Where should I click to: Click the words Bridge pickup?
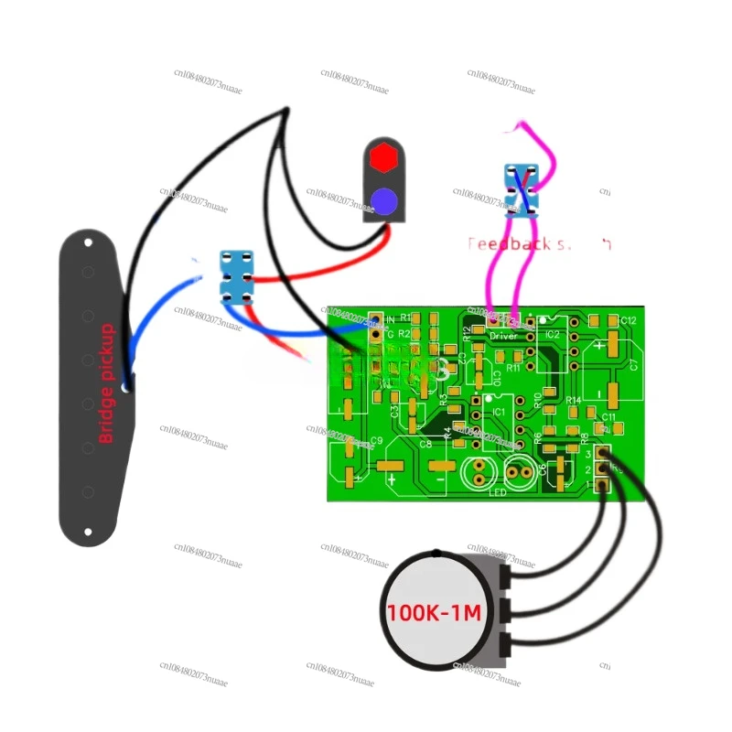pos(106,383)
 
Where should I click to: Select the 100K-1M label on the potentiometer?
pos(434,613)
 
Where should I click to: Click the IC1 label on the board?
pos(499,413)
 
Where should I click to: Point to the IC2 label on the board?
pos(552,336)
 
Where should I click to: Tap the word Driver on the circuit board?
pos(503,336)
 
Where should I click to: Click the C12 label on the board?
pos(627,320)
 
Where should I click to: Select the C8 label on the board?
pos(425,444)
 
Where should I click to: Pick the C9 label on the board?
pos(376,441)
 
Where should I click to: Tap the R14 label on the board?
pos(574,401)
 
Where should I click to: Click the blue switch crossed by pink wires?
pos(522,188)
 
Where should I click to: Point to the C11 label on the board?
pos(608,417)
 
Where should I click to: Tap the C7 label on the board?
pos(633,364)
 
